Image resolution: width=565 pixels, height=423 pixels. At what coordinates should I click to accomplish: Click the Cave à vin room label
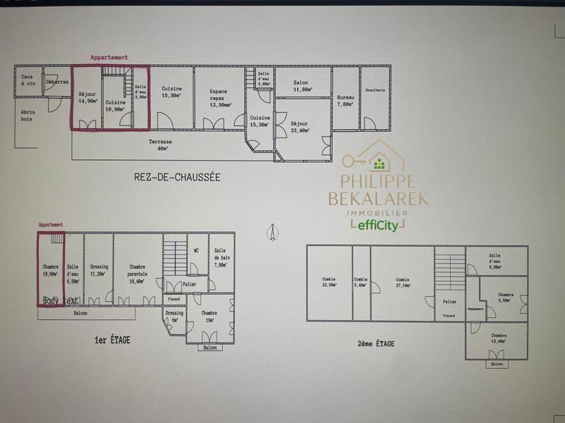coord(28,80)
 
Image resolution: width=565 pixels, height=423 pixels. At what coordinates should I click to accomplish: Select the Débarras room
coord(57,82)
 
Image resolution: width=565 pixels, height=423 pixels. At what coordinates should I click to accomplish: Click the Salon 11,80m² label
coord(302,86)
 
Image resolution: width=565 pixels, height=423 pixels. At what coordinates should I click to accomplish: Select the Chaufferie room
coord(375,90)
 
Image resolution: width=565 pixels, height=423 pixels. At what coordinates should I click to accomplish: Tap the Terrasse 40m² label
coord(160,145)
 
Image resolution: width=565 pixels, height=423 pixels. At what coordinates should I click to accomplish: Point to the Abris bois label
coord(28,115)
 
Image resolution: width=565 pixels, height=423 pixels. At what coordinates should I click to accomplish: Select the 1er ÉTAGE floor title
coord(112,340)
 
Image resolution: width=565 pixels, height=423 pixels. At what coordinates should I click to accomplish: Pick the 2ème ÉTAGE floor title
coord(376,343)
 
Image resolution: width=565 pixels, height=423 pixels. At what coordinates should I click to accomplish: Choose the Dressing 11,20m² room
coord(99,271)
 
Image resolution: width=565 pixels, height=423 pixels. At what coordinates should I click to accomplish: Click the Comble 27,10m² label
coord(403,283)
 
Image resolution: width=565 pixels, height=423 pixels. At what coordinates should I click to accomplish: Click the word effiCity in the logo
coord(377,226)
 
